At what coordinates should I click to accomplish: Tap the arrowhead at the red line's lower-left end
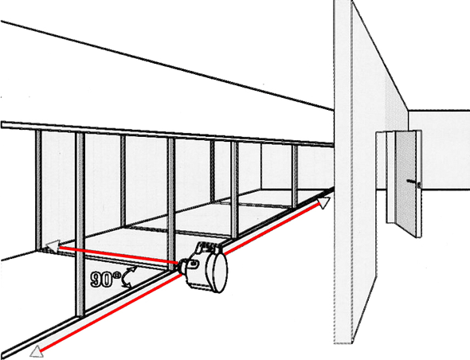[x=37, y=351]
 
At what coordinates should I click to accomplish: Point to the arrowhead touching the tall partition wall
[x=323, y=202]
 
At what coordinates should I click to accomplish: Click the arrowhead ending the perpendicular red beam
[x=52, y=247]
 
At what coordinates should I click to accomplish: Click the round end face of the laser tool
[x=220, y=272]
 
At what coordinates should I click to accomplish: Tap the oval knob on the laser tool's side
[x=194, y=264]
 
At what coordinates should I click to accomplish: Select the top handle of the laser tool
[x=209, y=246]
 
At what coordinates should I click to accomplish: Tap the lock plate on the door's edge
[x=419, y=186]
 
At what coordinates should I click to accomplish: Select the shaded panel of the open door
[x=405, y=183]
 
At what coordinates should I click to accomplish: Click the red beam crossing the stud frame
[x=119, y=256]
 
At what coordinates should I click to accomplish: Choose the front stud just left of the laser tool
[x=171, y=204]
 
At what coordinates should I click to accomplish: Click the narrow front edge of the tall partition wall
[x=343, y=172]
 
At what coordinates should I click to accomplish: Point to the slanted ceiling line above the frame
[x=167, y=65]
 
